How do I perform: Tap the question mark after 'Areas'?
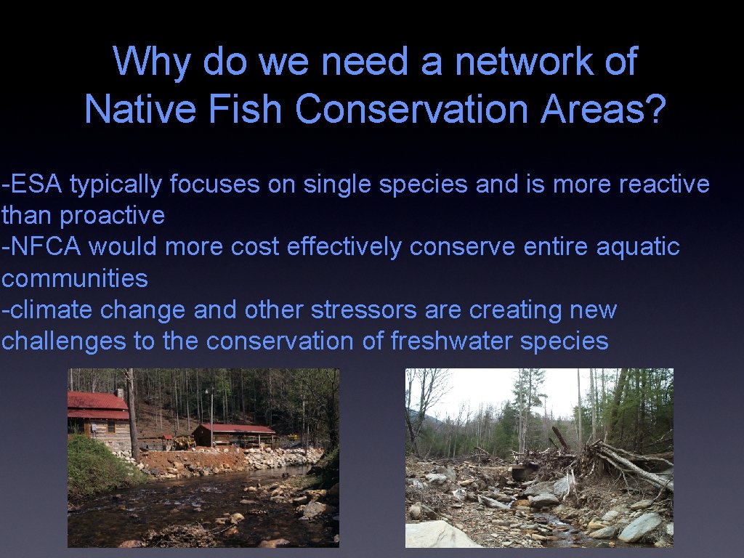tap(654, 110)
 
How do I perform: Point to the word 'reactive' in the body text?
tap(663, 185)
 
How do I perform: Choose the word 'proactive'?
tap(113, 216)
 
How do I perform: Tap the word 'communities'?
tap(75, 278)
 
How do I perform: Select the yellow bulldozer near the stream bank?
tap(183, 442)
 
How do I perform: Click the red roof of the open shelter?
tap(237, 429)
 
